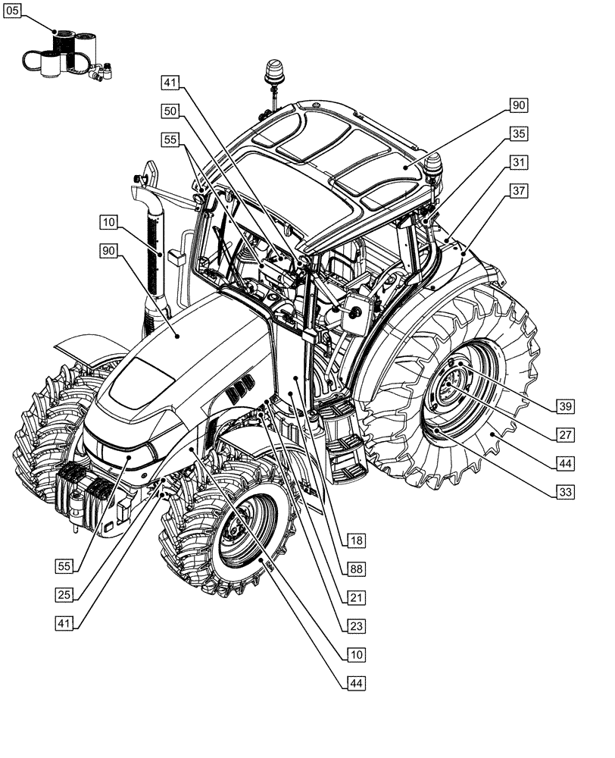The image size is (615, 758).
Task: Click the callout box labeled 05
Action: coord(13,11)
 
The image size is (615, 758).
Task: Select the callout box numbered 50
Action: coord(171,111)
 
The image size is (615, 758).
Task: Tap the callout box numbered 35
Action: coord(519,134)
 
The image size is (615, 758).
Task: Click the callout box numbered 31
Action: coord(519,162)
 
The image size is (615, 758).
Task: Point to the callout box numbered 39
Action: coord(563,406)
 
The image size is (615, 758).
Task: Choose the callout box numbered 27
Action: coord(563,434)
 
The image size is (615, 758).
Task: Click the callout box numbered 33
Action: coord(563,492)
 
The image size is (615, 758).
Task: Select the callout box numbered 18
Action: coord(356,540)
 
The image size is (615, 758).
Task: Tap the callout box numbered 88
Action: coord(356,568)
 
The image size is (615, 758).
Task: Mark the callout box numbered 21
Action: coord(356,597)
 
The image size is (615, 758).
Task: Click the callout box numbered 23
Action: coord(356,626)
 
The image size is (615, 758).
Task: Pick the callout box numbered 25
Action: coord(65,594)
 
